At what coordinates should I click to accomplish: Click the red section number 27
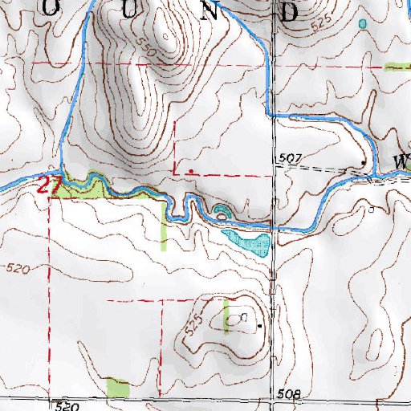51,185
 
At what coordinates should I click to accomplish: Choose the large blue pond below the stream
247,242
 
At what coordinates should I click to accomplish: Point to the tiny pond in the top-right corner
363,24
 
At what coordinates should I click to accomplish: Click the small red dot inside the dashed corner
189,171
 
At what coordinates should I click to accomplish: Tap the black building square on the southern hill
259,326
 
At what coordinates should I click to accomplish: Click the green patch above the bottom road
118,388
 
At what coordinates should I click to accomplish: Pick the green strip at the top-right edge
397,67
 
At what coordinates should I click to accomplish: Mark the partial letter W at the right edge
402,161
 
